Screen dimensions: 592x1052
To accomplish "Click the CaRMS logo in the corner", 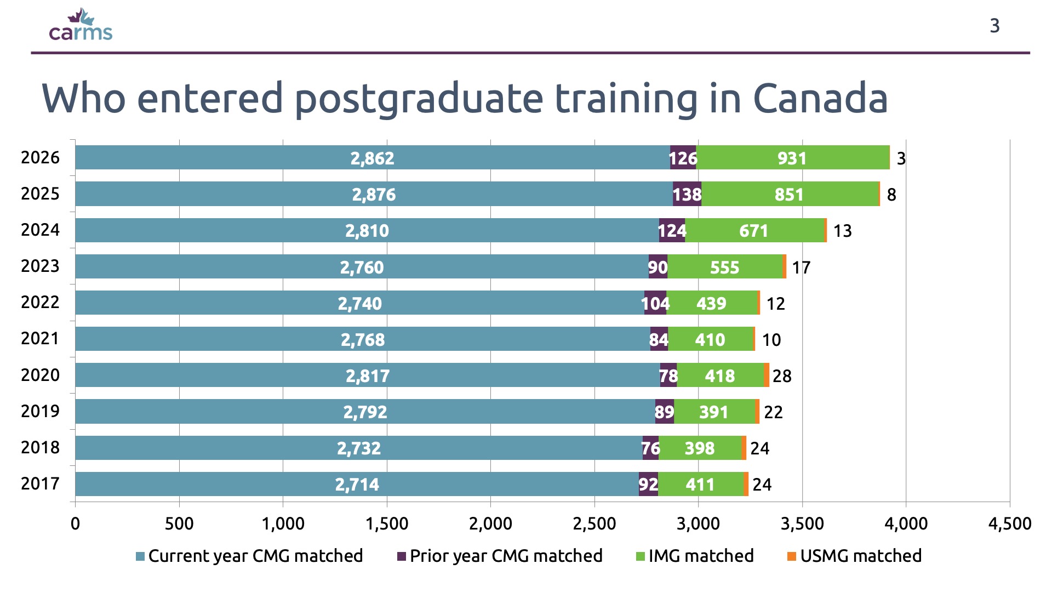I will click(x=81, y=26).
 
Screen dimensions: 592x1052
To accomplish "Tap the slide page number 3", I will click(x=994, y=26).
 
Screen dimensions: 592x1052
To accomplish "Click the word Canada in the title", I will click(x=820, y=99).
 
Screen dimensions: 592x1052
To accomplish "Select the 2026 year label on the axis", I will click(x=40, y=158).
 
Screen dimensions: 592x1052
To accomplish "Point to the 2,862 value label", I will click(x=372, y=158).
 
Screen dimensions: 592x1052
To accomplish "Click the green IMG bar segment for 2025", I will click(x=789, y=194).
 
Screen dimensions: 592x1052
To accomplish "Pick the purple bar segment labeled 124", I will click(x=672, y=231).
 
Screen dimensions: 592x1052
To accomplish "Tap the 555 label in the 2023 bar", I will click(x=724, y=267).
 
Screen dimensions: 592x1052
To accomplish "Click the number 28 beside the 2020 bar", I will click(x=782, y=376).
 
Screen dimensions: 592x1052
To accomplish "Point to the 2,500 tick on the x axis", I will click(x=594, y=524).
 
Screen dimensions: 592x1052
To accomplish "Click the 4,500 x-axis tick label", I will click(x=1009, y=524).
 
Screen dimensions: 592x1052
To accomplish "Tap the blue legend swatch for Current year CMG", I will click(x=140, y=556).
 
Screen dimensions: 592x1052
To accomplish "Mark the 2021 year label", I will click(x=40, y=339).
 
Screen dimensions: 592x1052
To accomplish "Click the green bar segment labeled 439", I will click(x=711, y=303).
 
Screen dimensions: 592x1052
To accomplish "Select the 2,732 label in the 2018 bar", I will click(x=358, y=448).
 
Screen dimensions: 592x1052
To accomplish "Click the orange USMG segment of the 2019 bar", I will click(x=757, y=412).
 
